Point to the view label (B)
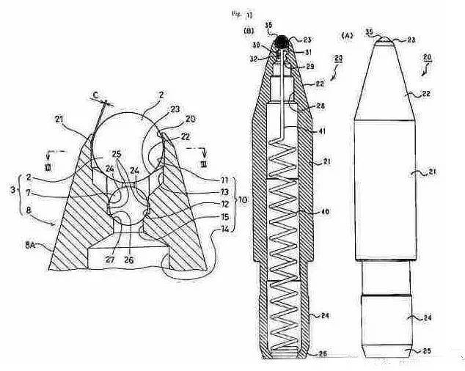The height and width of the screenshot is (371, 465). coord(248,32)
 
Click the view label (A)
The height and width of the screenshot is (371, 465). coord(349,34)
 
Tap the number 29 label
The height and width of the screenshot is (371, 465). coord(310,67)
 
